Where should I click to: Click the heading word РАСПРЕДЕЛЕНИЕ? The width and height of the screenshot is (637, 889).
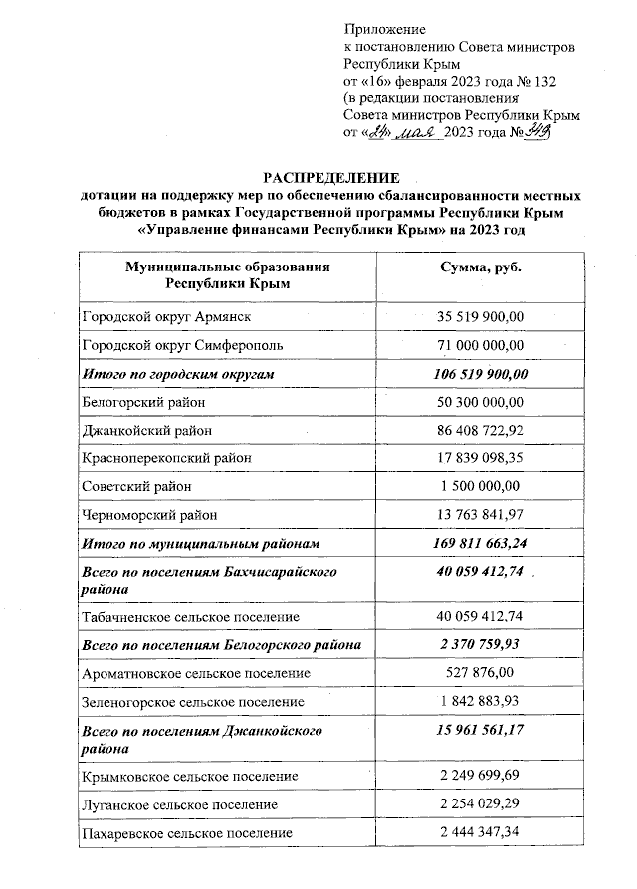322,175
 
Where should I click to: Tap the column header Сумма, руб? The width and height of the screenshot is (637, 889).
481,268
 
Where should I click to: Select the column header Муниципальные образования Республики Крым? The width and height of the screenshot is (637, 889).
227,276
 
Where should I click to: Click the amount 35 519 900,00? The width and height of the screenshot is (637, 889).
481,316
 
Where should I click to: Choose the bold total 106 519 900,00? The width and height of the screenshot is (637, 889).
481,373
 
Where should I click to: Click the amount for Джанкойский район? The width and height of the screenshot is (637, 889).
481,431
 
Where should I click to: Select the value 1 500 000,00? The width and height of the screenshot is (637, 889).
481,486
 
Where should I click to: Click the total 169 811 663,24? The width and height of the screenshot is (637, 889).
481,544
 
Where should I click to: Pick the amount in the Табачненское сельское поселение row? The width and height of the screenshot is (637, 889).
481,618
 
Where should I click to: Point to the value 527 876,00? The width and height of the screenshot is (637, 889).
481,673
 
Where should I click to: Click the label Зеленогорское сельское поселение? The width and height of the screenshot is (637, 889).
193,702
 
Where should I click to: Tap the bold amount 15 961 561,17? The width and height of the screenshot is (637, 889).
481,731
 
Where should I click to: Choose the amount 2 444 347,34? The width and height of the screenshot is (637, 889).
481,832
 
